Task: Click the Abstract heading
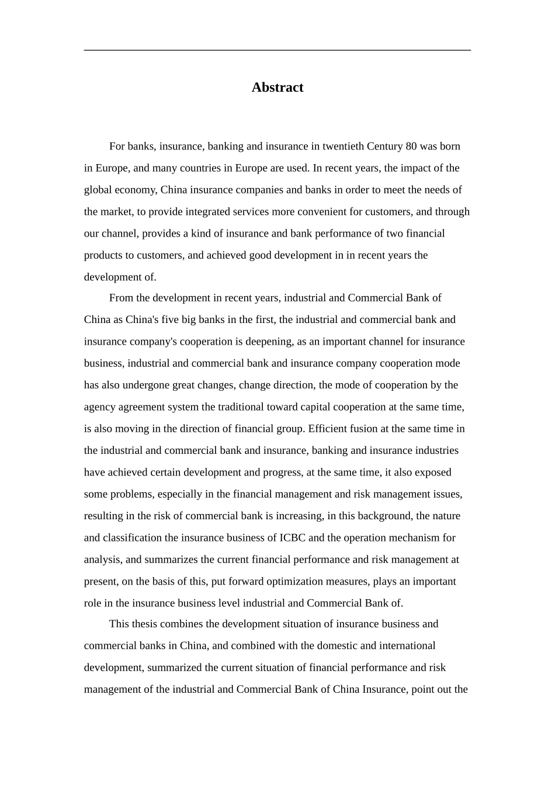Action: [x=277, y=88]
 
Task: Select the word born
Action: [x=450, y=147]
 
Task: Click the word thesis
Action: [x=144, y=624]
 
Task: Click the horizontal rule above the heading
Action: [x=277, y=50]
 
